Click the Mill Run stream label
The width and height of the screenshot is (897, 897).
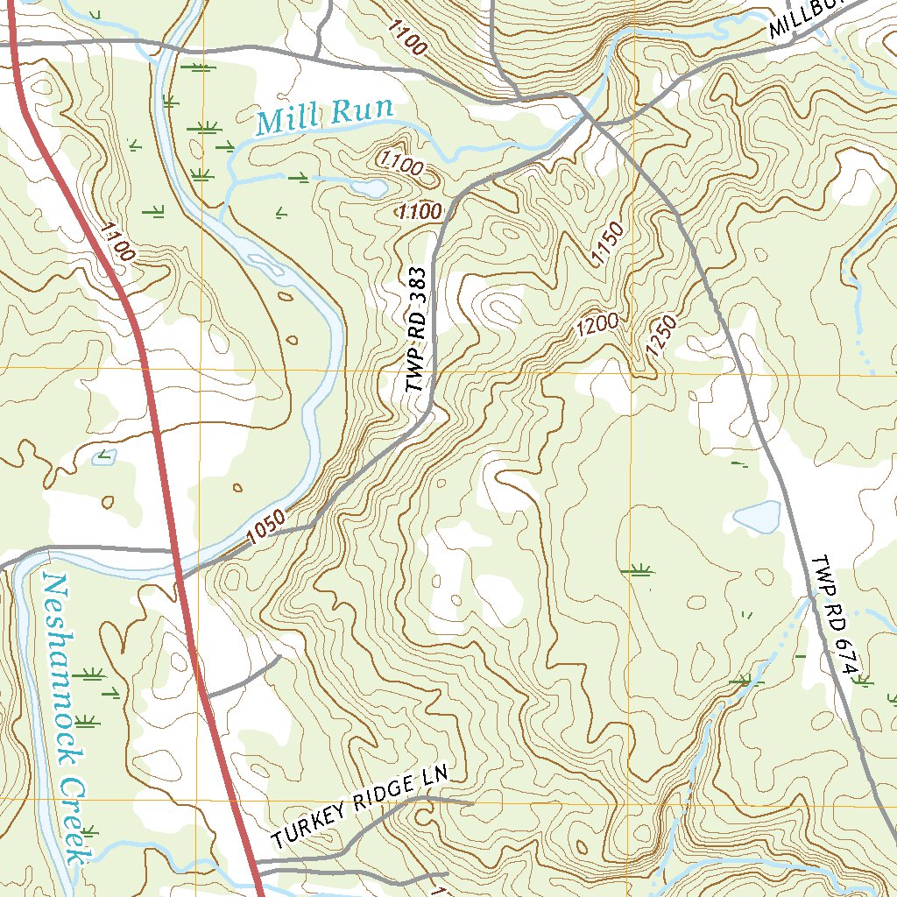pyautogui.click(x=324, y=117)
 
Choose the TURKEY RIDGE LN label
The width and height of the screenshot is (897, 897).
pyautogui.click(x=360, y=807)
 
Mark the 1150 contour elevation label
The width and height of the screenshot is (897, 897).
pyautogui.click(x=606, y=244)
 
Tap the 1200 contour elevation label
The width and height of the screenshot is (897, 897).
pyautogui.click(x=597, y=326)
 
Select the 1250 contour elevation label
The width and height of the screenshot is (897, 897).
pyautogui.click(x=661, y=337)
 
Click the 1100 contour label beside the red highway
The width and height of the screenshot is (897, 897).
pyautogui.click(x=117, y=243)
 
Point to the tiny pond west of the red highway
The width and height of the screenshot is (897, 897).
pyautogui.click(x=103, y=457)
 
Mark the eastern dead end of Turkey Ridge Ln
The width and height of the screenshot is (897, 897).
pyautogui.click(x=471, y=802)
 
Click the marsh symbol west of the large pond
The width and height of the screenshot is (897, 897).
pyautogui.click(x=638, y=571)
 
